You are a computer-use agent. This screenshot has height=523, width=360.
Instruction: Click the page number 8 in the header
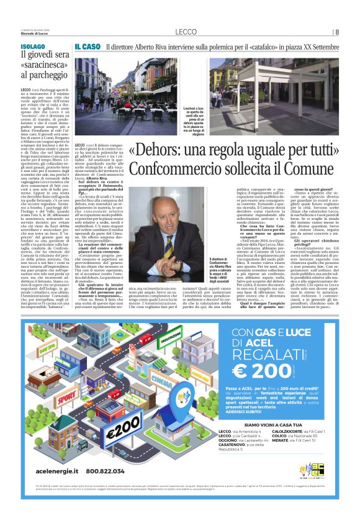click(337, 32)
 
